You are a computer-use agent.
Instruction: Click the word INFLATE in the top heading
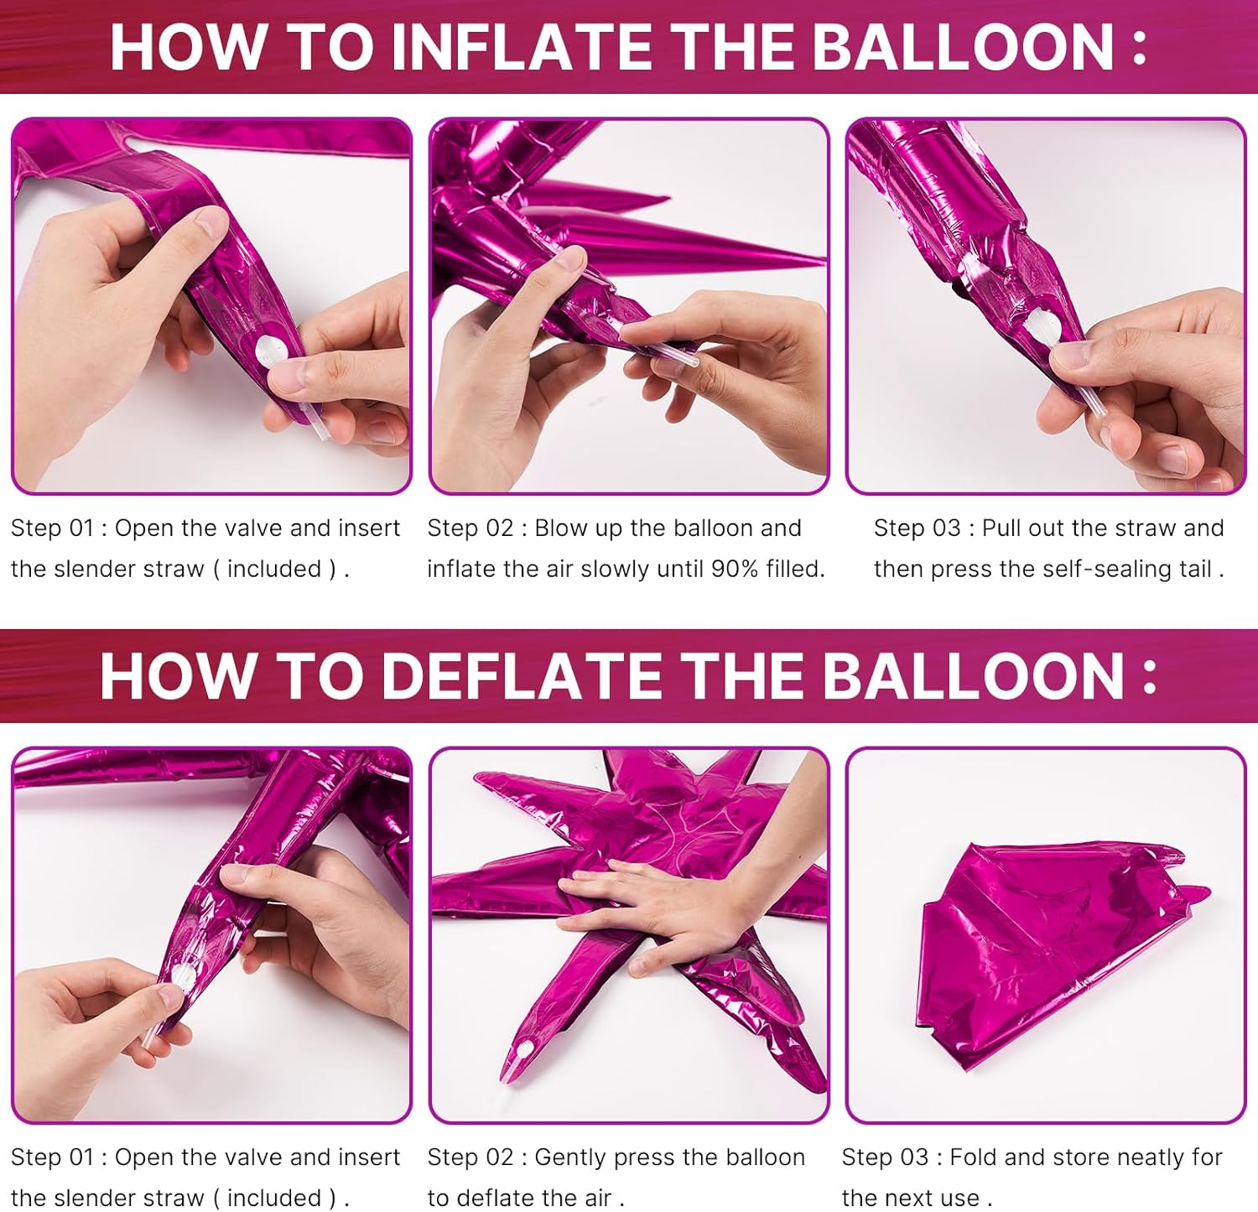click(x=528, y=47)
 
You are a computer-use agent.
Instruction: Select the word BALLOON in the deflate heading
click(x=972, y=676)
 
